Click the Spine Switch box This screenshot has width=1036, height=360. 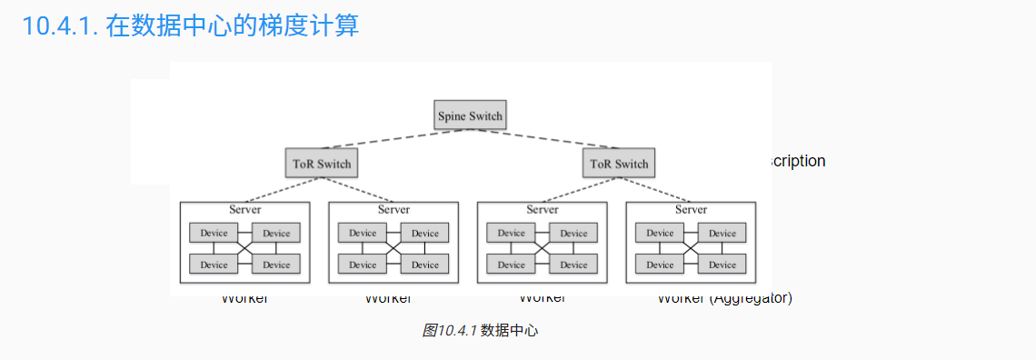point(469,115)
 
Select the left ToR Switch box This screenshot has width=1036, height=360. point(321,164)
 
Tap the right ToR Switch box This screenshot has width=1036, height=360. point(618,164)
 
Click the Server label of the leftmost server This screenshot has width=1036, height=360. point(245,209)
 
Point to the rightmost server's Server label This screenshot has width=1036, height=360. point(691,209)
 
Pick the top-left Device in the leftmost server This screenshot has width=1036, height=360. point(214,233)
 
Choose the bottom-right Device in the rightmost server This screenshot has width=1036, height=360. point(722,265)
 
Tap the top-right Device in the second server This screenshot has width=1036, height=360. point(424,233)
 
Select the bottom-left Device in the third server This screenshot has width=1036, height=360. point(511,265)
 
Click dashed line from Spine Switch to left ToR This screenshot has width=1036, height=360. point(391,138)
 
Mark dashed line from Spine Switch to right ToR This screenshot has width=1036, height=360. point(545,138)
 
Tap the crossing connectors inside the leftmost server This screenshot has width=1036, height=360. point(245,248)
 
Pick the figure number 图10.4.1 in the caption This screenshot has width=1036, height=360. point(450,330)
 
